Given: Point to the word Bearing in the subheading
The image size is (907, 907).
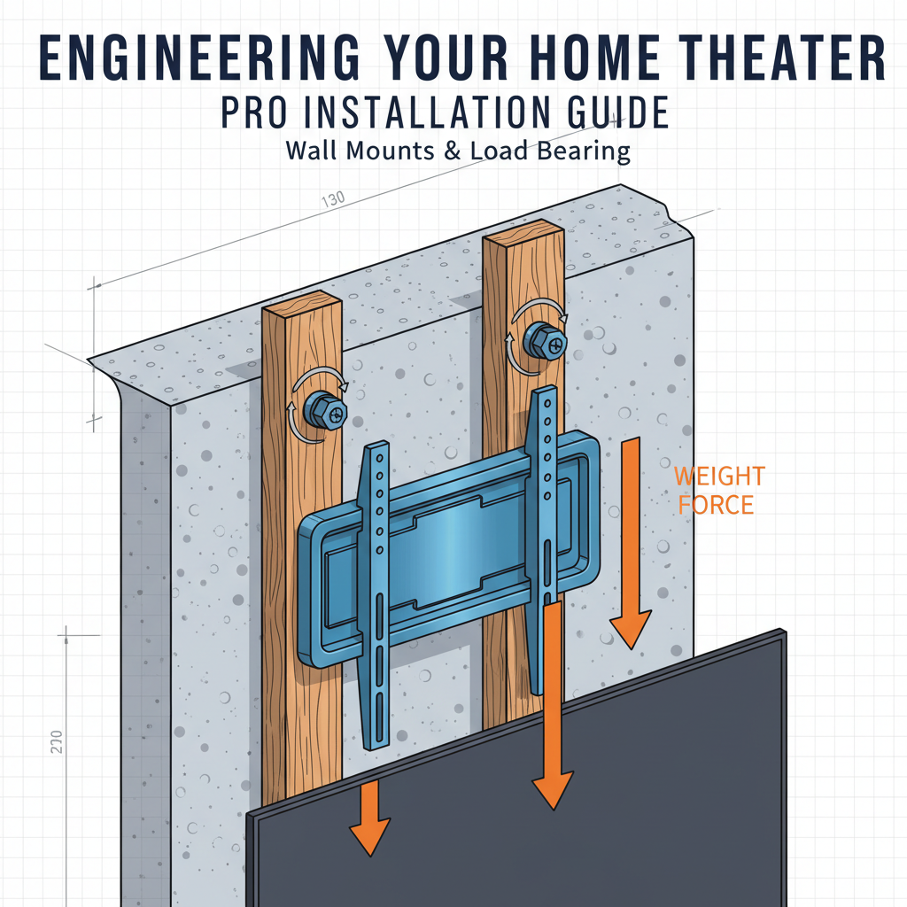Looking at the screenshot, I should (x=578, y=151).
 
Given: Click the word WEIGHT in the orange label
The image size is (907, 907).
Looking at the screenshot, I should (x=718, y=477).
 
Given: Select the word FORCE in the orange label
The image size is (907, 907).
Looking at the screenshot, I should (x=713, y=506).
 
